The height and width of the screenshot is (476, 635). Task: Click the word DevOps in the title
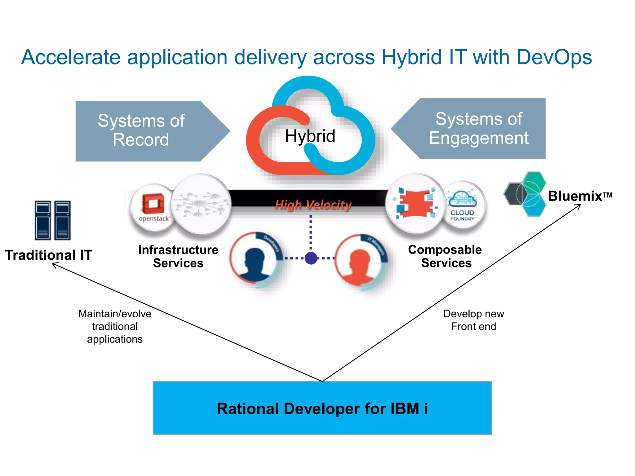click(x=554, y=57)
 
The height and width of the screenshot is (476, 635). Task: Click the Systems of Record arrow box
click(x=146, y=130)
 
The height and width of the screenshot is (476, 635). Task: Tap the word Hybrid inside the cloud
click(x=310, y=136)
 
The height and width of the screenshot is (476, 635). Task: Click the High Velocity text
click(x=313, y=205)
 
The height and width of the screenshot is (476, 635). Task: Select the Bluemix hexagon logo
click(x=526, y=194)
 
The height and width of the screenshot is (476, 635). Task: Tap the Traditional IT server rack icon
click(x=53, y=220)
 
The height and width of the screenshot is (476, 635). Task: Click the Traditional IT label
click(x=49, y=255)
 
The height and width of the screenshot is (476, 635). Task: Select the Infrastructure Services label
click(x=178, y=256)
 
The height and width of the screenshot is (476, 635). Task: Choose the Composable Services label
click(x=445, y=256)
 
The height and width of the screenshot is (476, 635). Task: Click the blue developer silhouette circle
click(x=256, y=259)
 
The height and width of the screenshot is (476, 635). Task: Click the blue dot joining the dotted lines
click(x=311, y=258)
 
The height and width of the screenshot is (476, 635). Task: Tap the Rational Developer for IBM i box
click(x=322, y=408)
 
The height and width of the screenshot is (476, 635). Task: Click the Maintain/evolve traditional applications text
click(x=115, y=326)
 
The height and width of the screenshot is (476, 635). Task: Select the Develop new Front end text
click(x=473, y=320)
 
